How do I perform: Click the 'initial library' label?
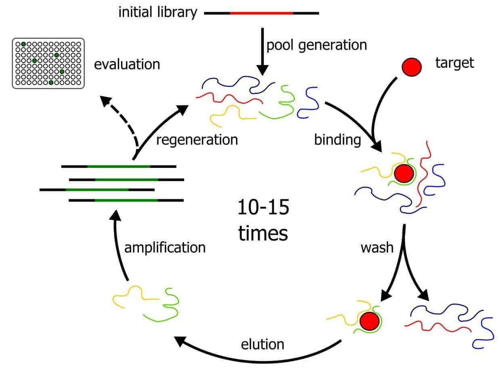click(x=157, y=13)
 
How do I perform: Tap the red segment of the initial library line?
click(x=261, y=13)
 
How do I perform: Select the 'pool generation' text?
click(x=316, y=45)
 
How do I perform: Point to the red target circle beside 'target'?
click(x=412, y=66)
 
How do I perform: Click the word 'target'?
click(x=455, y=63)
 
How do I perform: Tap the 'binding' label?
click(x=337, y=140)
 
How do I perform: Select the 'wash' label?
click(x=377, y=247)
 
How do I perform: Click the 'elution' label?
click(x=262, y=344)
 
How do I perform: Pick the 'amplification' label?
click(x=165, y=247)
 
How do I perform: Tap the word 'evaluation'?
click(x=127, y=64)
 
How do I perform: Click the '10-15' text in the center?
click(x=263, y=208)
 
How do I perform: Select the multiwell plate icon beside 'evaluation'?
click(x=48, y=63)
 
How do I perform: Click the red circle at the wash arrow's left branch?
click(x=369, y=321)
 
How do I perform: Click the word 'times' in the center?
click(x=263, y=234)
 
